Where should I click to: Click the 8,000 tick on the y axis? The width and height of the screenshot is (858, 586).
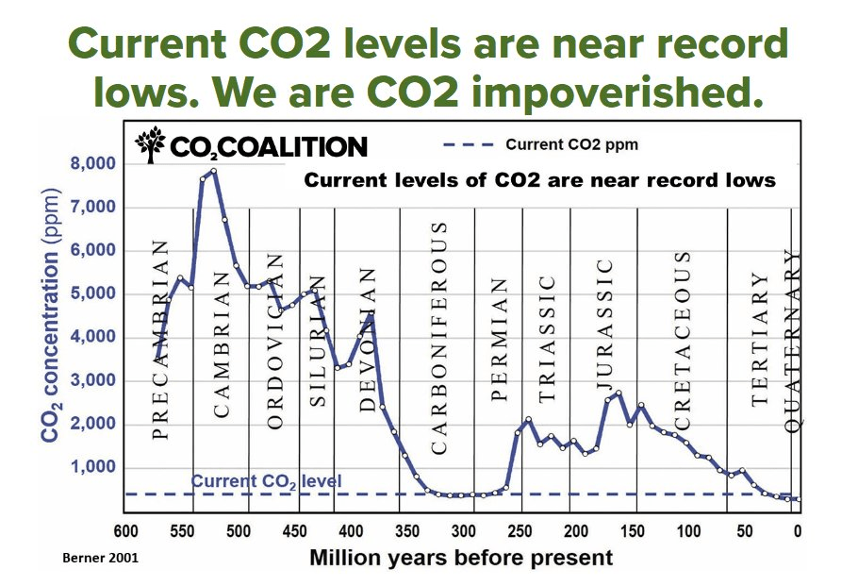click(x=92, y=164)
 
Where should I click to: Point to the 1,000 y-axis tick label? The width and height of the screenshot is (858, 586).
click(x=92, y=468)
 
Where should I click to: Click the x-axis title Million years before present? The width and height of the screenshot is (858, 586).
click(x=461, y=558)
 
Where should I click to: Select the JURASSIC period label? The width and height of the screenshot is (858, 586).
click(x=606, y=330)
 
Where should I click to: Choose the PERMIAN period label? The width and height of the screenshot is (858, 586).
click(x=501, y=340)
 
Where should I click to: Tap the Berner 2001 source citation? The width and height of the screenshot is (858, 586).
click(x=102, y=558)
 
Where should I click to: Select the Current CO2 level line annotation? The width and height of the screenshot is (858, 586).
click(x=267, y=481)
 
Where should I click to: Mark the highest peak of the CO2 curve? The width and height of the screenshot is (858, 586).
click(x=214, y=171)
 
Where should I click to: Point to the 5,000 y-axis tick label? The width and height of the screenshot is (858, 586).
click(x=92, y=294)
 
